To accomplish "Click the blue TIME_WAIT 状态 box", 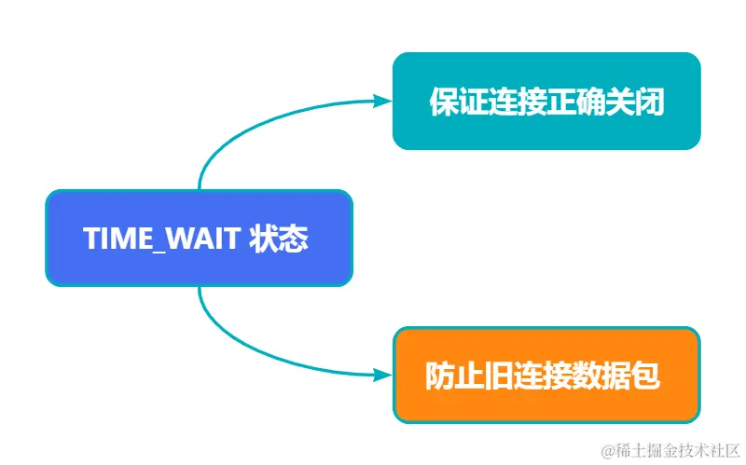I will click(199, 238).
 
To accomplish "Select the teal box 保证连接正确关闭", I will click(546, 101).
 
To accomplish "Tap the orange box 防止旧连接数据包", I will click(546, 375).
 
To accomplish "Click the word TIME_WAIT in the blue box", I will click(162, 239).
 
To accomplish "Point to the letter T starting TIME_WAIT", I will click(90, 239).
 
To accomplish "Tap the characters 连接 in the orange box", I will click(546, 376).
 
